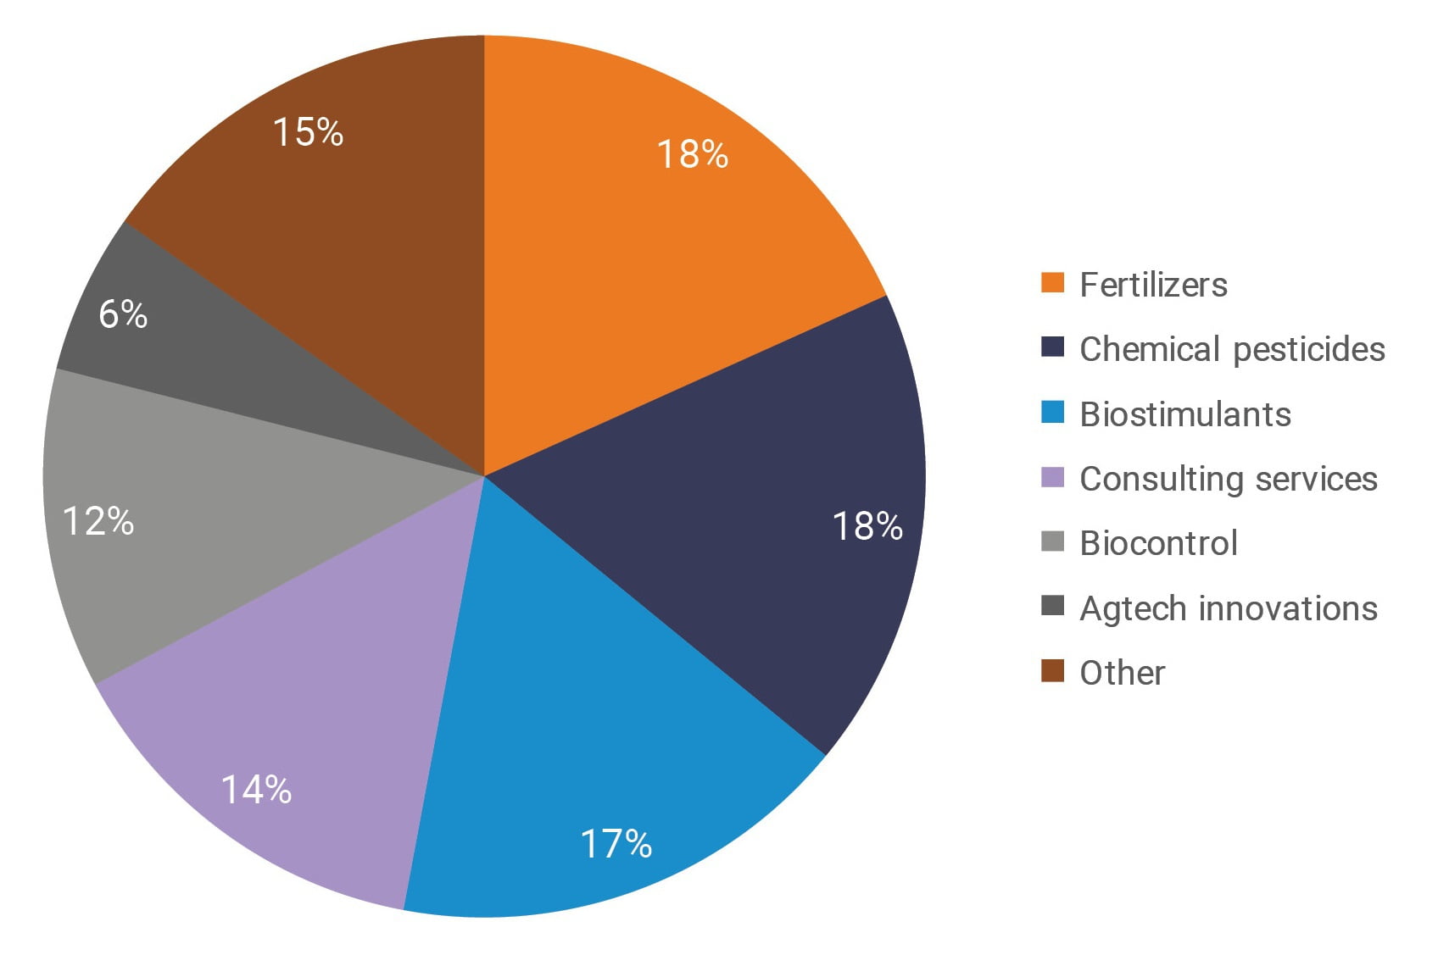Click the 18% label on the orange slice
point(693,154)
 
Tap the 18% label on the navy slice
point(867,526)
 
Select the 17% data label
point(616,844)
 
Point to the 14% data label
point(256,790)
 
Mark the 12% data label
point(98,521)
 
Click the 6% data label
point(123,314)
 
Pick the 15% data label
point(308,132)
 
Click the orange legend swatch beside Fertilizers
point(1052,283)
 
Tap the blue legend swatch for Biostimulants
point(1052,413)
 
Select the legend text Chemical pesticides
point(1232,349)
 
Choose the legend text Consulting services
point(1229,479)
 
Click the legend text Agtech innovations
point(1229,608)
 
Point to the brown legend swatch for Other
point(1052,671)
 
